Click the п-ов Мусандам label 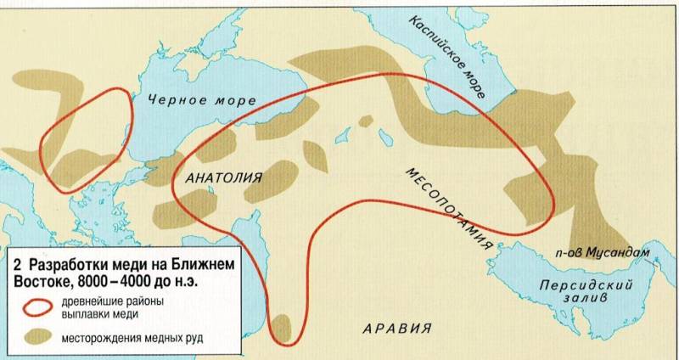coord(602,254)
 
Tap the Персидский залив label coord(570,293)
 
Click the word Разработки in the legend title coord(67,265)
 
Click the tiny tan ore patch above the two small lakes coord(365,121)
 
